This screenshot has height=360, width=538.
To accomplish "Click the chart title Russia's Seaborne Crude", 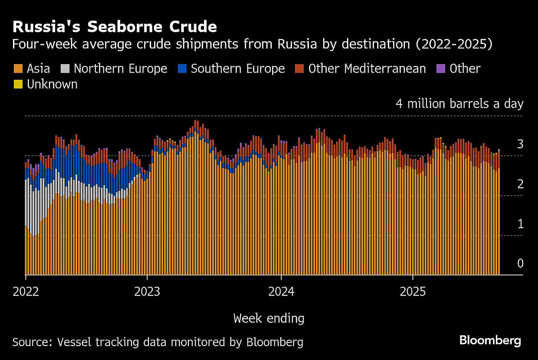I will (x=115, y=27).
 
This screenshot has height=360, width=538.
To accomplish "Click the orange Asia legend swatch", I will (x=18, y=69).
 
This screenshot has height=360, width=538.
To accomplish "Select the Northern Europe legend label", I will (x=120, y=69).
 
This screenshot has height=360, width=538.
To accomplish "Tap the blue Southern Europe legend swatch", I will (x=182, y=69).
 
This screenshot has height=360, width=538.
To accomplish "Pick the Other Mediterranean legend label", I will (x=367, y=69).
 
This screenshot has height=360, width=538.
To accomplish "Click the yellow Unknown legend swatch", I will (x=18, y=84).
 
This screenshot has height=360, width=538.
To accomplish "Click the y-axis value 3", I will (x=520, y=144).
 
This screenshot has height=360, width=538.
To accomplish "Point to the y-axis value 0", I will (x=520, y=263).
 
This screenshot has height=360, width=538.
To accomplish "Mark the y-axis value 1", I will (x=520, y=224).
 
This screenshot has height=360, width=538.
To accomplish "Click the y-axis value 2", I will (x=520, y=184).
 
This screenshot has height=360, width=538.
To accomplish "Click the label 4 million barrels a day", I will (x=459, y=104).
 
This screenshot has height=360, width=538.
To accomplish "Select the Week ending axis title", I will (x=269, y=319).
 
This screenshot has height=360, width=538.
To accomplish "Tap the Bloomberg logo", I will (x=490, y=340).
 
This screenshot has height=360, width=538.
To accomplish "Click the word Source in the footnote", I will (x=31, y=343).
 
